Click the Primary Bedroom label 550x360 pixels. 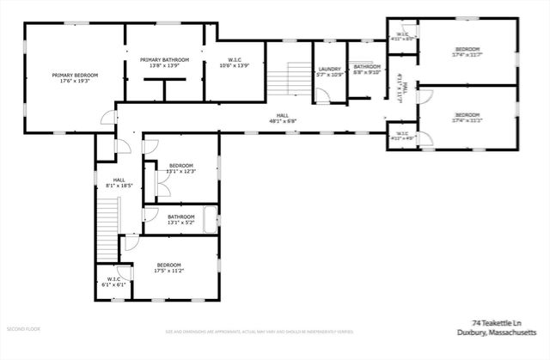tap(75, 76)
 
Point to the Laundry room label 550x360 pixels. tap(330, 69)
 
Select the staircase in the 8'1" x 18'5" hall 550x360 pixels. tap(107, 219)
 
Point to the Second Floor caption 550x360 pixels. tap(23, 329)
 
